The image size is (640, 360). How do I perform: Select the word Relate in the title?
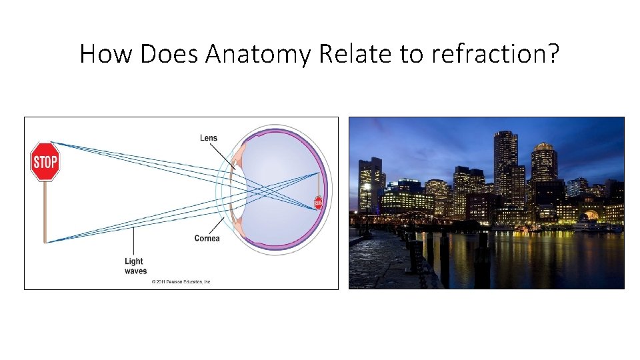click(356, 54)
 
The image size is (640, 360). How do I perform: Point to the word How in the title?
click(106, 54)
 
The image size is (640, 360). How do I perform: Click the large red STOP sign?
click(45, 161)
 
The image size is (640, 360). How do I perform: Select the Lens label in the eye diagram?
click(209, 138)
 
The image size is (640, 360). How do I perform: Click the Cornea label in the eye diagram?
click(207, 239)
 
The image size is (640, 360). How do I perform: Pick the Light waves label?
click(135, 266)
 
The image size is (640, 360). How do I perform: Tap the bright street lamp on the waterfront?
click(367, 187)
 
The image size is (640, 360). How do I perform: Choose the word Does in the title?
click(169, 54)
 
